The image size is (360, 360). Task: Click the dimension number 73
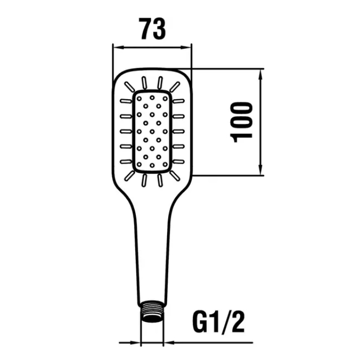(152, 29)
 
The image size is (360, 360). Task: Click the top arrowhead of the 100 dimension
(261, 74)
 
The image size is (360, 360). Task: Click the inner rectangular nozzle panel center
(152, 132)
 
